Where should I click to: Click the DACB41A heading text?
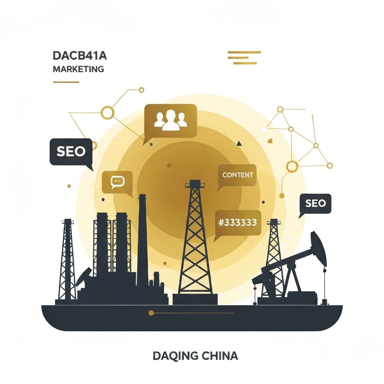[80, 56]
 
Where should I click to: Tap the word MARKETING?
[78, 69]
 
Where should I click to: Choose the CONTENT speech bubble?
[237, 175]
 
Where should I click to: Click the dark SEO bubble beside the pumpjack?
[315, 204]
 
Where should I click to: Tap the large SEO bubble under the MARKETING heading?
[71, 152]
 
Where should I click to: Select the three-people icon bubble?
[171, 121]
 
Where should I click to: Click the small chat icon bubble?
[117, 182]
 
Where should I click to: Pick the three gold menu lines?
[244, 57]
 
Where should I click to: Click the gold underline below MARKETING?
[66, 82]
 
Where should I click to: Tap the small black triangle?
[239, 144]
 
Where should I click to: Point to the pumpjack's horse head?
[319, 247]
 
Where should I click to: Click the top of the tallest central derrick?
[195, 183]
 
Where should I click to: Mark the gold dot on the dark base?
[151, 313]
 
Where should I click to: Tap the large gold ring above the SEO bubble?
[108, 112]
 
